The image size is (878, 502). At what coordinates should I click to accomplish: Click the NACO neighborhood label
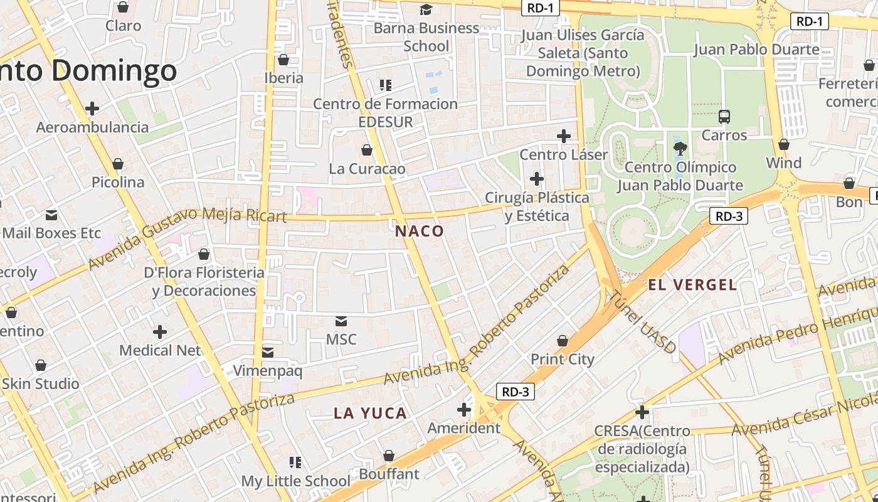tap(420, 231)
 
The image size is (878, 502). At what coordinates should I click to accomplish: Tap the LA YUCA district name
tap(370, 413)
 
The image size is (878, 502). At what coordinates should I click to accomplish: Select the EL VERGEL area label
tap(692, 285)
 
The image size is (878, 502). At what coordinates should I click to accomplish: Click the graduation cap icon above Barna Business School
tap(426, 9)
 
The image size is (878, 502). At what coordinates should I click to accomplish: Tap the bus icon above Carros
tap(724, 116)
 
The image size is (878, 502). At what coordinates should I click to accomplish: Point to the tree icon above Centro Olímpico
tap(680, 149)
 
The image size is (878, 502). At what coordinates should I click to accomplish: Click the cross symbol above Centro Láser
tap(564, 136)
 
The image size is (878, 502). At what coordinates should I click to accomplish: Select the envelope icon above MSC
tap(341, 321)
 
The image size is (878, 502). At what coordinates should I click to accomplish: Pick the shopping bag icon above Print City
tap(563, 341)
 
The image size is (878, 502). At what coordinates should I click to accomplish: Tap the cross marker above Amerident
tap(464, 410)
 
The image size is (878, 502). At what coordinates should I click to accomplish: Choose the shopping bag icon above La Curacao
tap(367, 150)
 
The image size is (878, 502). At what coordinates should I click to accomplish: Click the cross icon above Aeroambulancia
tap(92, 109)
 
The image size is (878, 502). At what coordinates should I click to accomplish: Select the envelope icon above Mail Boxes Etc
tap(51, 215)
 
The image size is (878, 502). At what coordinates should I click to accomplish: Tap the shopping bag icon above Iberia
tap(283, 60)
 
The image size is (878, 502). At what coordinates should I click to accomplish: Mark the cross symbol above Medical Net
tap(160, 331)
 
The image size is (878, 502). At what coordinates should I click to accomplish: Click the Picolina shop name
tap(118, 183)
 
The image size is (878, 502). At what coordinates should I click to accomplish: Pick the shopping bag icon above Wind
tap(783, 145)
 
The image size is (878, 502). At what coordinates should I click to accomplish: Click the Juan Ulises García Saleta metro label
tap(583, 53)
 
